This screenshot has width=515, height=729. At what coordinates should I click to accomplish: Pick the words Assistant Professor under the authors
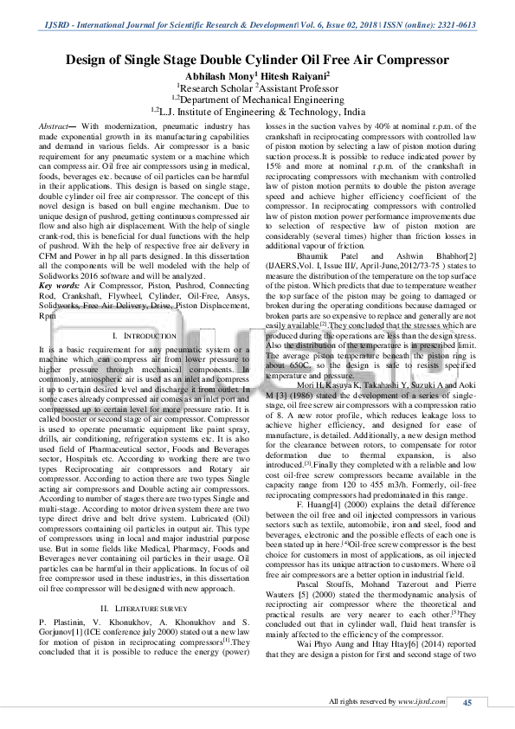[300, 87]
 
